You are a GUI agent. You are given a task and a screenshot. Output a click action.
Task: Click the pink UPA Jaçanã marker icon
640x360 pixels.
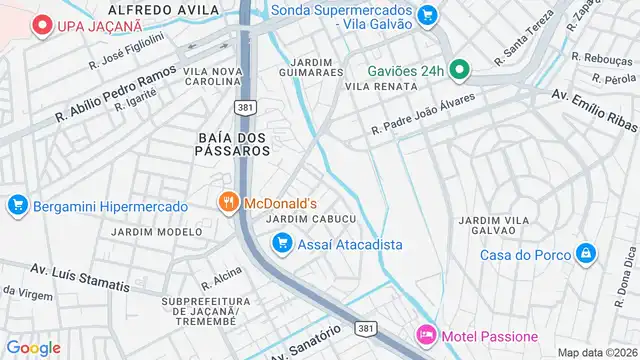tap(42, 25)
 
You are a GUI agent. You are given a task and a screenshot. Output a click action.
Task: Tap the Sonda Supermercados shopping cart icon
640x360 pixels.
tap(428, 15)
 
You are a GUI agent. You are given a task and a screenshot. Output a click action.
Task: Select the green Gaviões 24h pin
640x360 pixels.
tap(459, 69)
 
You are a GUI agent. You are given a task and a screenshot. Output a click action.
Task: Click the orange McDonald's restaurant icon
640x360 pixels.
tap(228, 202)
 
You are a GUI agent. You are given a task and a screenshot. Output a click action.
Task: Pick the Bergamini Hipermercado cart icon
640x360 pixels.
tap(16, 206)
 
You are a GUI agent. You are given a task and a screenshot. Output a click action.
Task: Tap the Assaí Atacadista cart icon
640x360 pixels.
tap(282, 243)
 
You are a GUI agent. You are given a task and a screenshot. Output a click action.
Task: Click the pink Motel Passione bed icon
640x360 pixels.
tap(426, 336)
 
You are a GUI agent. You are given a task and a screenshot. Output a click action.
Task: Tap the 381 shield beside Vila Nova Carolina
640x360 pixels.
tap(243, 107)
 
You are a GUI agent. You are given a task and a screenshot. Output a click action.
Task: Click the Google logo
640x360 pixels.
tap(33, 348)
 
